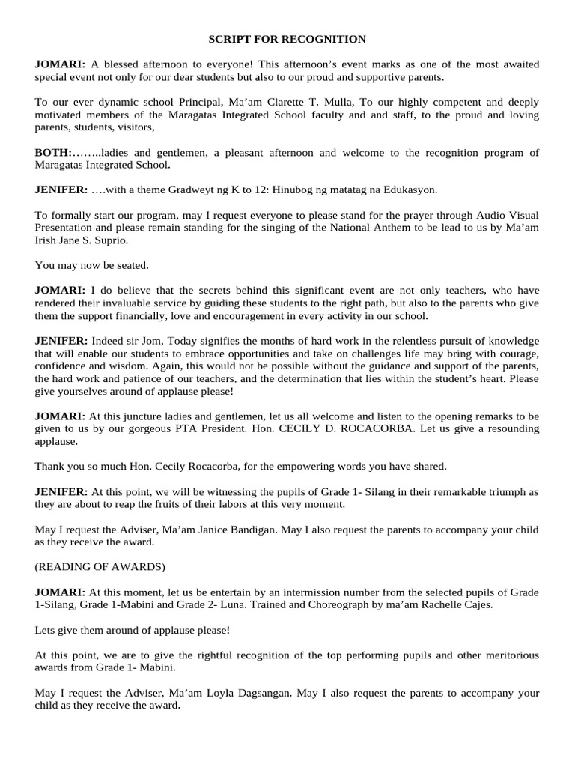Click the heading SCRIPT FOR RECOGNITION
(x=287, y=39)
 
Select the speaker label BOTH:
(x=52, y=153)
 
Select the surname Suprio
(x=115, y=240)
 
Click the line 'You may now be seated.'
(x=92, y=264)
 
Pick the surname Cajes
(x=477, y=604)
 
